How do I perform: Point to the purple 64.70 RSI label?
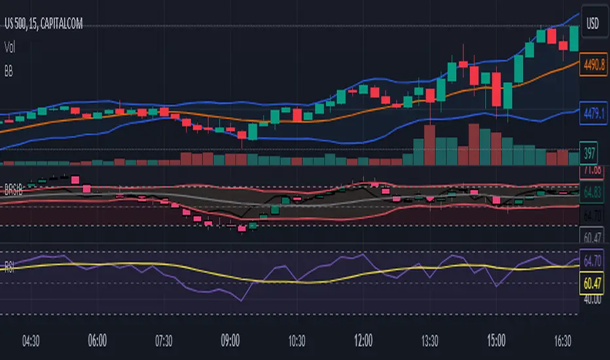(x=592, y=262)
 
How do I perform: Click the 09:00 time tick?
(x=230, y=341)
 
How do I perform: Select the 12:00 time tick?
(x=363, y=341)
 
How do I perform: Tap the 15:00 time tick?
(x=497, y=341)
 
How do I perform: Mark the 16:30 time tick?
(x=564, y=341)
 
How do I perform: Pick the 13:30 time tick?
(x=430, y=341)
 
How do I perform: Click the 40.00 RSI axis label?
(x=592, y=299)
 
